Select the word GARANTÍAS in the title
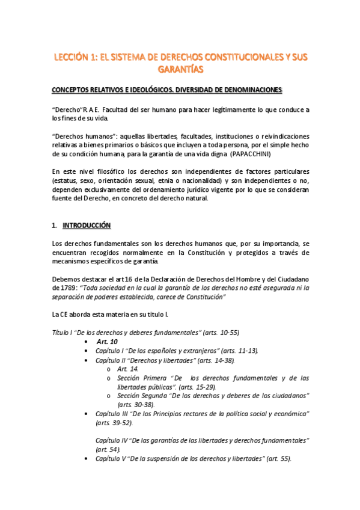coord(180,70)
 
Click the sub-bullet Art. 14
coord(127,369)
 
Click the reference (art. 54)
coord(108,449)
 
